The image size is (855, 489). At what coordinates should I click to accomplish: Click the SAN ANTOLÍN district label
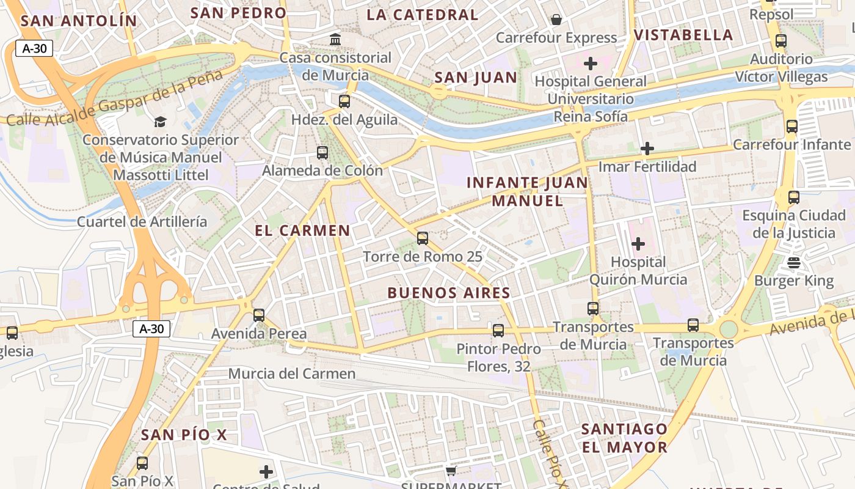[79, 20]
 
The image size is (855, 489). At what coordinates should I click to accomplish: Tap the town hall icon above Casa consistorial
[335, 40]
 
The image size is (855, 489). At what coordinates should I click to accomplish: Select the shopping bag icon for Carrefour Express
[556, 20]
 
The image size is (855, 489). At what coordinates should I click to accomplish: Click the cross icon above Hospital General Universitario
[591, 63]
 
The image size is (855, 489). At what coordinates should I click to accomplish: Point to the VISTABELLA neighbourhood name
[683, 35]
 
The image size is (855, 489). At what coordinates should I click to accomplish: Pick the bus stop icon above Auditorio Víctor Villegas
[781, 41]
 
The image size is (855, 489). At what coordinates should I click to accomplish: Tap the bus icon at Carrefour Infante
[792, 127]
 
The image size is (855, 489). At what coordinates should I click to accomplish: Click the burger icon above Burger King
[794, 263]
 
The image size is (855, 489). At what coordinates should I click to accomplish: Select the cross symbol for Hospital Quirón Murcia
[638, 244]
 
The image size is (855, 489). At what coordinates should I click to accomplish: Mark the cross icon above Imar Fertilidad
[647, 149]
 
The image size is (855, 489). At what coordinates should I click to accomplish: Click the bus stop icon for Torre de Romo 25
[423, 238]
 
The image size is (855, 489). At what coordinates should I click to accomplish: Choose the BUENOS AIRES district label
[449, 293]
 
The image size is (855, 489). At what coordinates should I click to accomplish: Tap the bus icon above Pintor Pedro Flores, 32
[498, 331]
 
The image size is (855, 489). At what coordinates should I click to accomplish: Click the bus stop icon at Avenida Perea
[259, 315]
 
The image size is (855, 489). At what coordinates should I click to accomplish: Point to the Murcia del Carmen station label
[292, 373]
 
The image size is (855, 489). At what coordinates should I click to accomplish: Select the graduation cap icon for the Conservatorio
[160, 122]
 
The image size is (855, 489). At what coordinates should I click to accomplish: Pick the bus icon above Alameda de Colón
[322, 152]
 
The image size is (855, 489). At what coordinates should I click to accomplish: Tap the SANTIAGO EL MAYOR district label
[624, 438]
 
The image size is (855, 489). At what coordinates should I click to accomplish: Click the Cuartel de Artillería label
[142, 221]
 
